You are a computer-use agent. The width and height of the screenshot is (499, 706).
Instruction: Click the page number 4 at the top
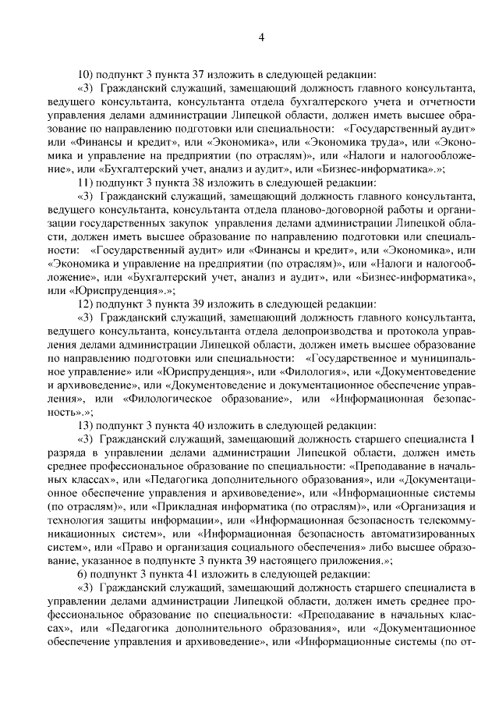point(261,37)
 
